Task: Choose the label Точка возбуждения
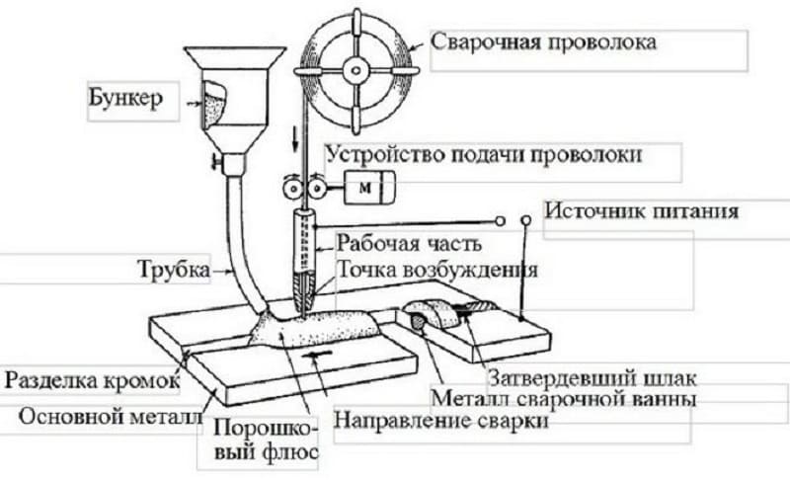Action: coord(436,269)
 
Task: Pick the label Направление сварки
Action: coord(441,421)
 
